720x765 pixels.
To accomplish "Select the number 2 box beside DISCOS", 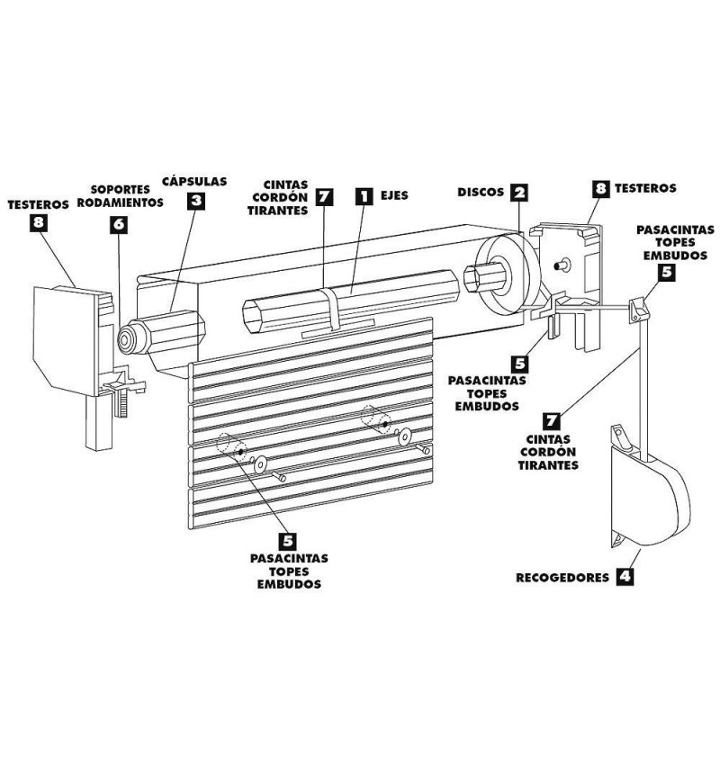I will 518,192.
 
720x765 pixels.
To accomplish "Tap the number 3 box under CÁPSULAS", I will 196,201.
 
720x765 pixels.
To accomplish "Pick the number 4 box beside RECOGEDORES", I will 624,576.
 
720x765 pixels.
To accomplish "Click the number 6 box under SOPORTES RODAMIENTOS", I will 120,225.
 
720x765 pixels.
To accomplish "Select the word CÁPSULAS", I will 194,180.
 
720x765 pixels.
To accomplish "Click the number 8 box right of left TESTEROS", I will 38,225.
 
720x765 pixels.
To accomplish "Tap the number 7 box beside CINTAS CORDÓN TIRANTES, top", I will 325,196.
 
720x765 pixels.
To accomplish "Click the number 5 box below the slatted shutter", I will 288,540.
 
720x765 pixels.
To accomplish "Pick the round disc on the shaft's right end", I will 504,274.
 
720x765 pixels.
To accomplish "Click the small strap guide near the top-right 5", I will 639,310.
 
